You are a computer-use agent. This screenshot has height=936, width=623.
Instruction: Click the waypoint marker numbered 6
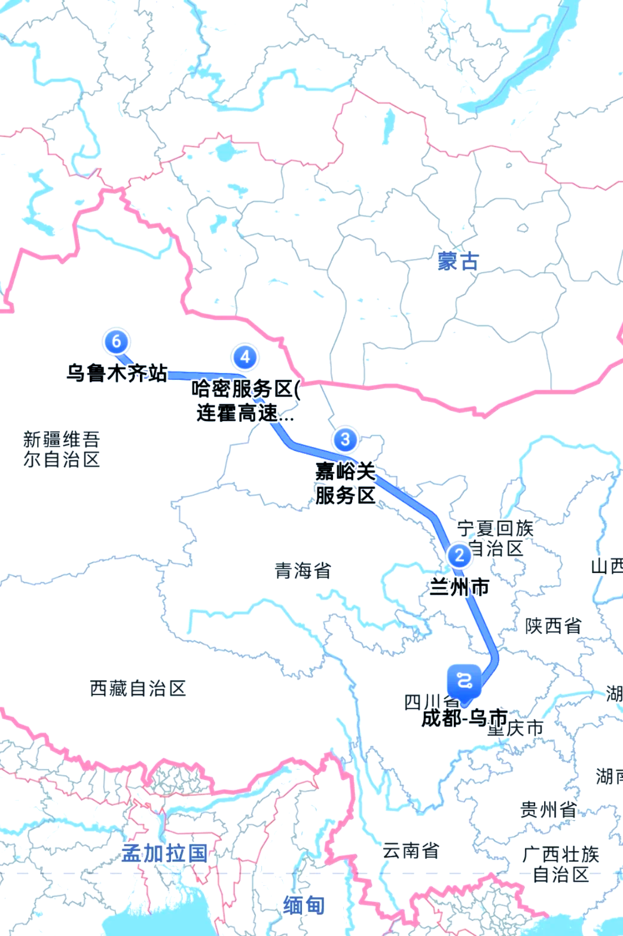116,342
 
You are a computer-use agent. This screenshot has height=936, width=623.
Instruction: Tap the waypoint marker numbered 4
245,357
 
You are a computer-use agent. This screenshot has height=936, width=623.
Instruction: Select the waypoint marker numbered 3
345,440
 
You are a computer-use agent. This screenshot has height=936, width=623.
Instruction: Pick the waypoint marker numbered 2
459,555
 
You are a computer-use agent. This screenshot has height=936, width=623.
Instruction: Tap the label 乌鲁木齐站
117,373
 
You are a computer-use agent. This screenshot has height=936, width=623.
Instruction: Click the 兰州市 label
459,587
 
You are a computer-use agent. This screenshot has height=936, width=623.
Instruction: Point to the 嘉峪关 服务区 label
346,483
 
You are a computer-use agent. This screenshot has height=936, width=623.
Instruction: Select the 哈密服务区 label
245,400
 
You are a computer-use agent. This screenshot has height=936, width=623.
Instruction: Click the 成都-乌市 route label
464,718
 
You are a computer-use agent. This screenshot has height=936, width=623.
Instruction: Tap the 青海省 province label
303,571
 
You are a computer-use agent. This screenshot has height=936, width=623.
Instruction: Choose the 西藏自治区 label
138,688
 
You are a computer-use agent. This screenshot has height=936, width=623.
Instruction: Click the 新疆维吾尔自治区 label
61,449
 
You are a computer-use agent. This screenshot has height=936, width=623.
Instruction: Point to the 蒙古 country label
458,261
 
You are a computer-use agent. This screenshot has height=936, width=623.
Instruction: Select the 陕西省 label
553,626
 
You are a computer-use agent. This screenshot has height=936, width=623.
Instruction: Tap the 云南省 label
411,850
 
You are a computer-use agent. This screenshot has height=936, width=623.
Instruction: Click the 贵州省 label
548,810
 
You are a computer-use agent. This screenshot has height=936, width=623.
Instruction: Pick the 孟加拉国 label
164,853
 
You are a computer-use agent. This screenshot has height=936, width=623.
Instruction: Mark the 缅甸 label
304,905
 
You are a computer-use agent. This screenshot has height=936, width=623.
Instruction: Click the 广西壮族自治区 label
560,864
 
